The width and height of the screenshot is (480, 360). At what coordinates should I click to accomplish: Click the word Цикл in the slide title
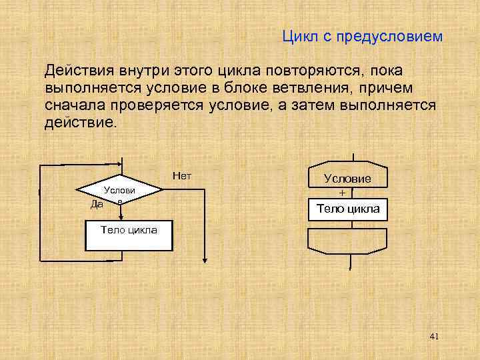299,37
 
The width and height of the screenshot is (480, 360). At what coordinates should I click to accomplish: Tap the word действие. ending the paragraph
80,123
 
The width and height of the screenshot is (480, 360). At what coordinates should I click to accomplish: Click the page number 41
435,337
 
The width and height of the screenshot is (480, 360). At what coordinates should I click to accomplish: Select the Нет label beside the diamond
181,176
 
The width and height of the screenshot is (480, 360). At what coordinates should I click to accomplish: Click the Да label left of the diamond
97,204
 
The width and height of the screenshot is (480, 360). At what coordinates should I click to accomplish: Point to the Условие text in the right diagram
347,179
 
